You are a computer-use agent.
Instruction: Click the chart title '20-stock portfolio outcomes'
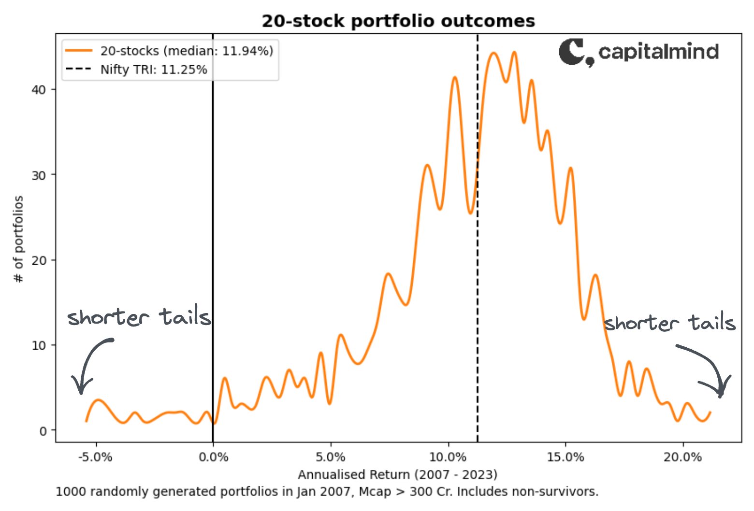click(x=398, y=21)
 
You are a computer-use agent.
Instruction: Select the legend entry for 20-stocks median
click(x=187, y=51)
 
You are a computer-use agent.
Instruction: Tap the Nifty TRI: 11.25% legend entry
click(x=153, y=70)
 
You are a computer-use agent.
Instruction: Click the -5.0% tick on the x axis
click(x=96, y=457)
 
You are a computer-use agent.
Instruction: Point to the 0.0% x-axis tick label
click(x=213, y=457)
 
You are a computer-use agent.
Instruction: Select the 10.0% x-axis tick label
click(x=448, y=457)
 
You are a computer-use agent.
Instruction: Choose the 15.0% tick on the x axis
click(x=565, y=457)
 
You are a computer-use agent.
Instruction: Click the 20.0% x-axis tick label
click(x=682, y=457)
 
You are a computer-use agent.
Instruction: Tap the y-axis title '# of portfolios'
click(x=19, y=239)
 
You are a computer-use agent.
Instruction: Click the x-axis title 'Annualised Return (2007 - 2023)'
click(x=397, y=474)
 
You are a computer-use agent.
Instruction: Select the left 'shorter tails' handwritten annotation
click(x=139, y=317)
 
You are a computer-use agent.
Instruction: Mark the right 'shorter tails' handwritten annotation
click(x=670, y=323)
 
